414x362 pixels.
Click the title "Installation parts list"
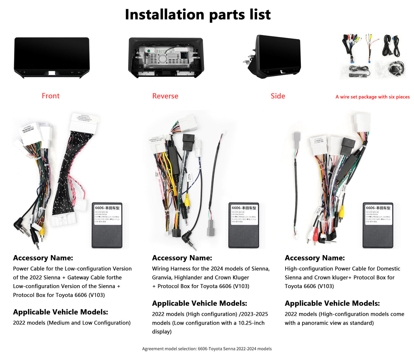click(x=198, y=15)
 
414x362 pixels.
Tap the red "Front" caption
click(x=51, y=96)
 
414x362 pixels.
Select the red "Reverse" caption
click(x=165, y=96)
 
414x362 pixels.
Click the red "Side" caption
click(x=278, y=96)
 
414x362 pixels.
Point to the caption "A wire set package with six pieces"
click(x=372, y=97)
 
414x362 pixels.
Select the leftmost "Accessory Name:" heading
click(x=43, y=258)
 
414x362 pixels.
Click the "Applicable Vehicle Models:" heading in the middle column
click(x=199, y=303)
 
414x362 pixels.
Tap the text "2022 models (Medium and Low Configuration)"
click(x=72, y=323)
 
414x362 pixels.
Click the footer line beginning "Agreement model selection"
click(x=207, y=349)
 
